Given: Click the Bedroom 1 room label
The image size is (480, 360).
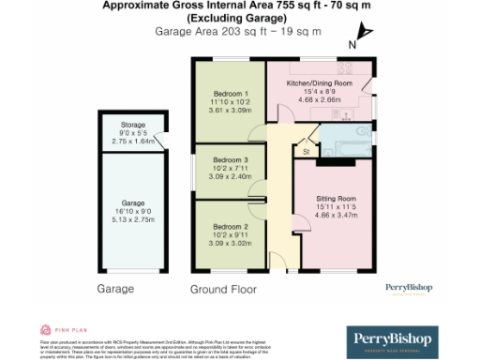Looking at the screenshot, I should (231, 94).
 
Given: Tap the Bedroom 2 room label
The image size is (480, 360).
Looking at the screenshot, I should (230, 227).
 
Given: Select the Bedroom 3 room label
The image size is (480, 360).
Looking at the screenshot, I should (230, 160).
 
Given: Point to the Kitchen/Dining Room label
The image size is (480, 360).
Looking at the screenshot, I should (319, 83).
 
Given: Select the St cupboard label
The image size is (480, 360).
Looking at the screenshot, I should (306, 151).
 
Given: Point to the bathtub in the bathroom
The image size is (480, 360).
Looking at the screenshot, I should (347, 146).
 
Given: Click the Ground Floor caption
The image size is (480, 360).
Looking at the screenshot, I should (223, 290).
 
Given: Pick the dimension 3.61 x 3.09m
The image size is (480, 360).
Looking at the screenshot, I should (231, 111).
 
